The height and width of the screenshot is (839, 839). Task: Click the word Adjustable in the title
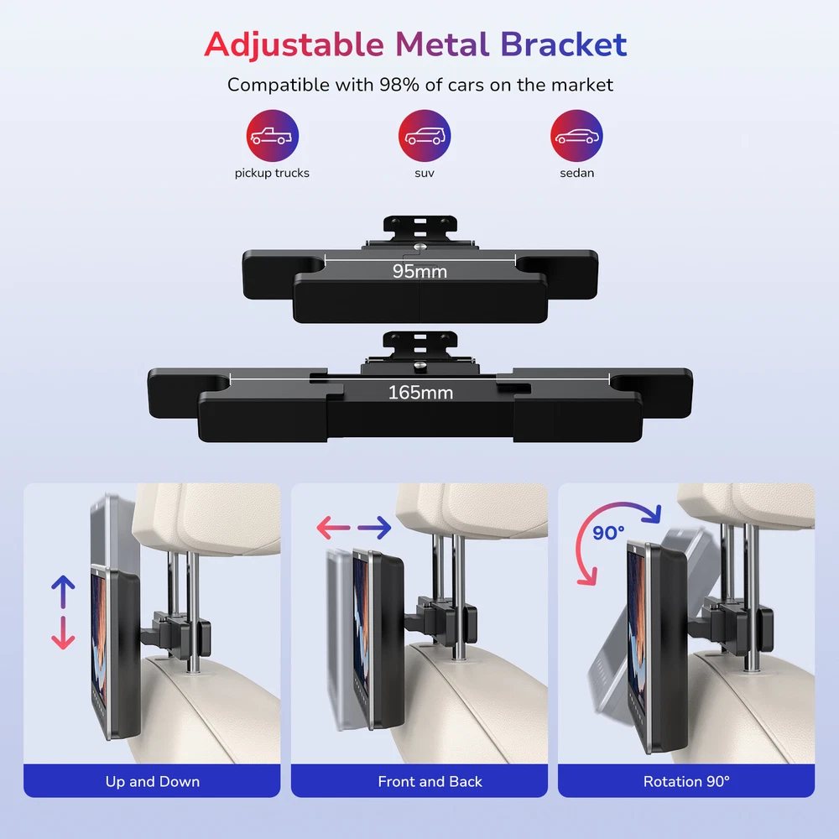click(294, 45)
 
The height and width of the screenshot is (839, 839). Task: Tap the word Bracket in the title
click(564, 44)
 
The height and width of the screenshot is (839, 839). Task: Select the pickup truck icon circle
click(273, 136)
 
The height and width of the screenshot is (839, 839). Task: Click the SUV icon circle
click(425, 136)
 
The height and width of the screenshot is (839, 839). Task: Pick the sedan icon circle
click(577, 136)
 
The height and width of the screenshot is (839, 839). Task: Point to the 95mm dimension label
click(419, 271)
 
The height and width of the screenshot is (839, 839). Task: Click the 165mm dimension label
click(420, 392)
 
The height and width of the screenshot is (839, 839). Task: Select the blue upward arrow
click(63, 591)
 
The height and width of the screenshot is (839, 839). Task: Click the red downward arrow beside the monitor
click(63, 633)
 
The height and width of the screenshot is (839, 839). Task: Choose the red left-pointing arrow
click(333, 528)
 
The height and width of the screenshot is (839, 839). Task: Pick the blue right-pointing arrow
click(374, 528)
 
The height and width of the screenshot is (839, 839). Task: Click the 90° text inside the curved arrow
click(608, 533)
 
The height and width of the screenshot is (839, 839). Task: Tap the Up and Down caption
click(153, 782)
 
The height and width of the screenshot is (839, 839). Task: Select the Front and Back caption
click(430, 782)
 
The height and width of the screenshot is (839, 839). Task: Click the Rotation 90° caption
click(686, 782)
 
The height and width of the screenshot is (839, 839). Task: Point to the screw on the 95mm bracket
click(420, 248)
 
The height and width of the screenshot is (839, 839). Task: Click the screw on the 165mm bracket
click(420, 366)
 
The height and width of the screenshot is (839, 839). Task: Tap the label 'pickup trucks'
click(272, 174)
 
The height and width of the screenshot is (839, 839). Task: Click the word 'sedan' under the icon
click(577, 173)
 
